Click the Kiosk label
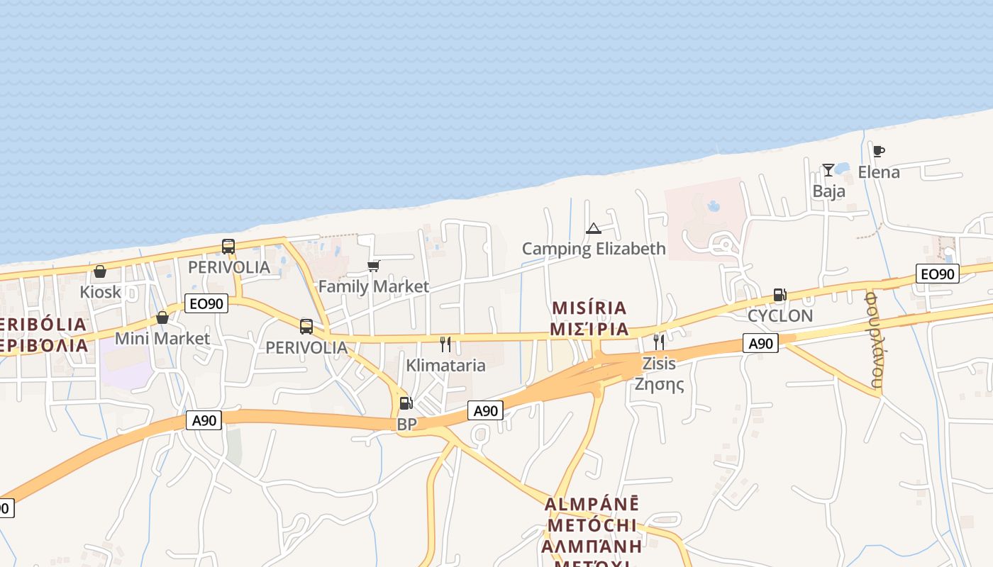pos(101,292)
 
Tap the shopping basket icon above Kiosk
pos(100,271)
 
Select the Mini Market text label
pos(162,339)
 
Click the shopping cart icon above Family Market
pos(374,266)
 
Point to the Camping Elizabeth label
pos(594,249)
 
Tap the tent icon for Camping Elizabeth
pos(594,228)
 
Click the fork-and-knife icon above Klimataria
pos(445,344)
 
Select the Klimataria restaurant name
pos(445,366)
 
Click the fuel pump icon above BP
pos(406,403)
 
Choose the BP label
pos(406,424)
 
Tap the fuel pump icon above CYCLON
pos(780,295)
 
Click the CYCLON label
pos(780,315)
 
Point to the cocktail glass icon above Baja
pos(828,170)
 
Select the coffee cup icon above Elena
pos(879,151)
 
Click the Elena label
pos(879,172)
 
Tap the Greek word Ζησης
pos(659,385)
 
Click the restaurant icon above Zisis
pos(659,342)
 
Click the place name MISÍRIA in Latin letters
pos(589,308)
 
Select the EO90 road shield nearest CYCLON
pos(937,274)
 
